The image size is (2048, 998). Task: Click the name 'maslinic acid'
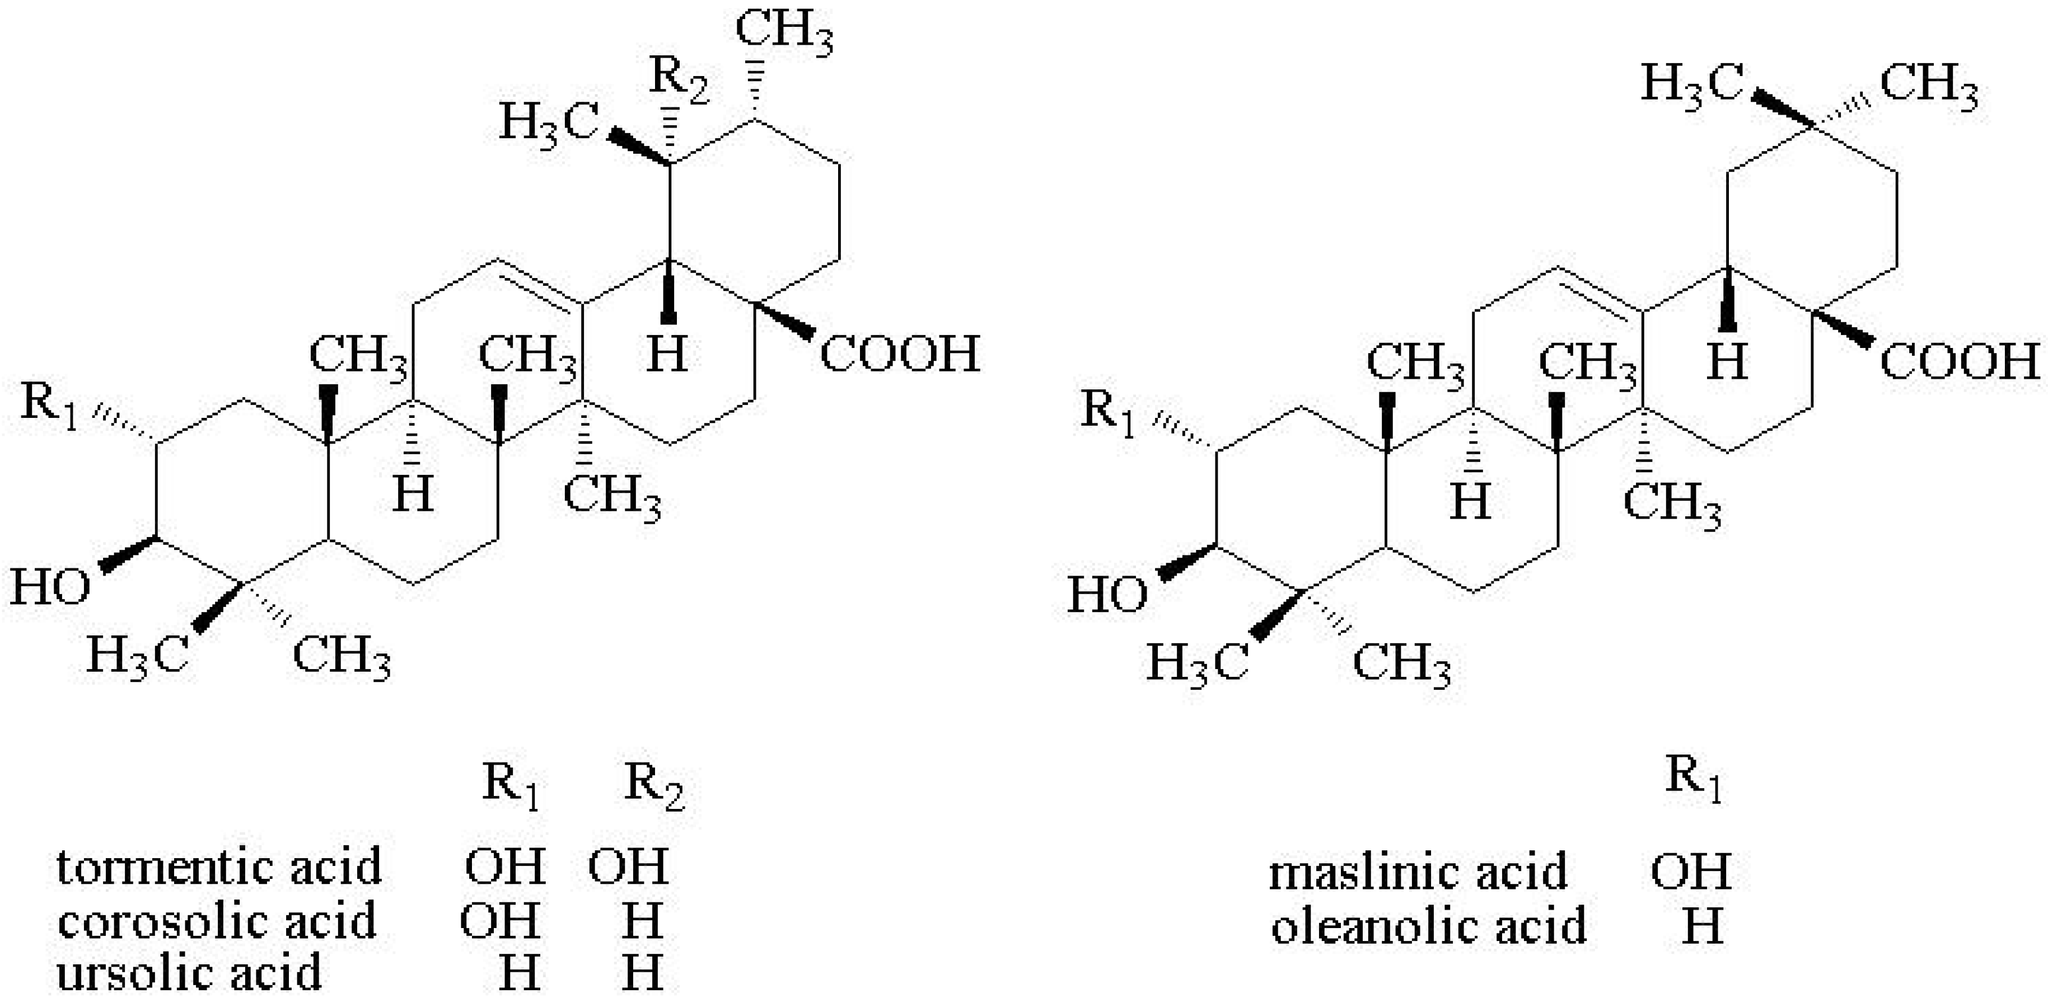(1418, 872)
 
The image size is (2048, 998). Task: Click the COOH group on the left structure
(899, 354)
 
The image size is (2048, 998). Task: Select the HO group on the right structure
(1107, 595)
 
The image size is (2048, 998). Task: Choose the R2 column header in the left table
(653, 785)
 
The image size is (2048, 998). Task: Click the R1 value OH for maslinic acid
(1690, 872)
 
